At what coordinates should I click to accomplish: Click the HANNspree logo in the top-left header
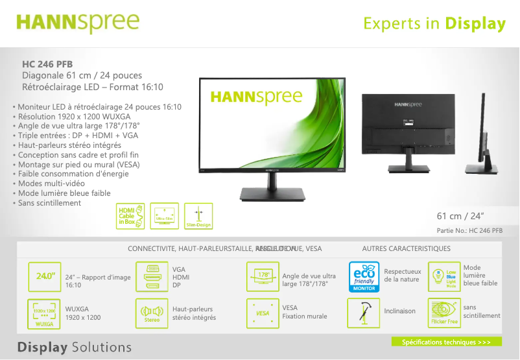(78, 23)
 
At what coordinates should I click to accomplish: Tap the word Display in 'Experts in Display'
(475, 24)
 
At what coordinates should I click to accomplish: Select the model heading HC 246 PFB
(47, 64)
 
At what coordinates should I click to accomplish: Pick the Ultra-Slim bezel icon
(164, 216)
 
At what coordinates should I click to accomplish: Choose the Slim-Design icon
(198, 216)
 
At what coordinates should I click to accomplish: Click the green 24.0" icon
(45, 276)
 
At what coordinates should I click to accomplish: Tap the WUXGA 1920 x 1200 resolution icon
(45, 314)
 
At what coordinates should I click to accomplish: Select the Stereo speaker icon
(151, 314)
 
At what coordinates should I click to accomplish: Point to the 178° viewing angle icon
(263, 276)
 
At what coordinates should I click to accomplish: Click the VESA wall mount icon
(263, 314)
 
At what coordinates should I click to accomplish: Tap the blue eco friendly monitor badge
(364, 276)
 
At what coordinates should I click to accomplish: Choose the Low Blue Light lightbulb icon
(445, 276)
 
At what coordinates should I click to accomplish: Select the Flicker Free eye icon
(445, 313)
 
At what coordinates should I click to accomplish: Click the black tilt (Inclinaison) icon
(364, 314)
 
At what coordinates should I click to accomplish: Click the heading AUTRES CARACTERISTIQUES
(406, 248)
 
